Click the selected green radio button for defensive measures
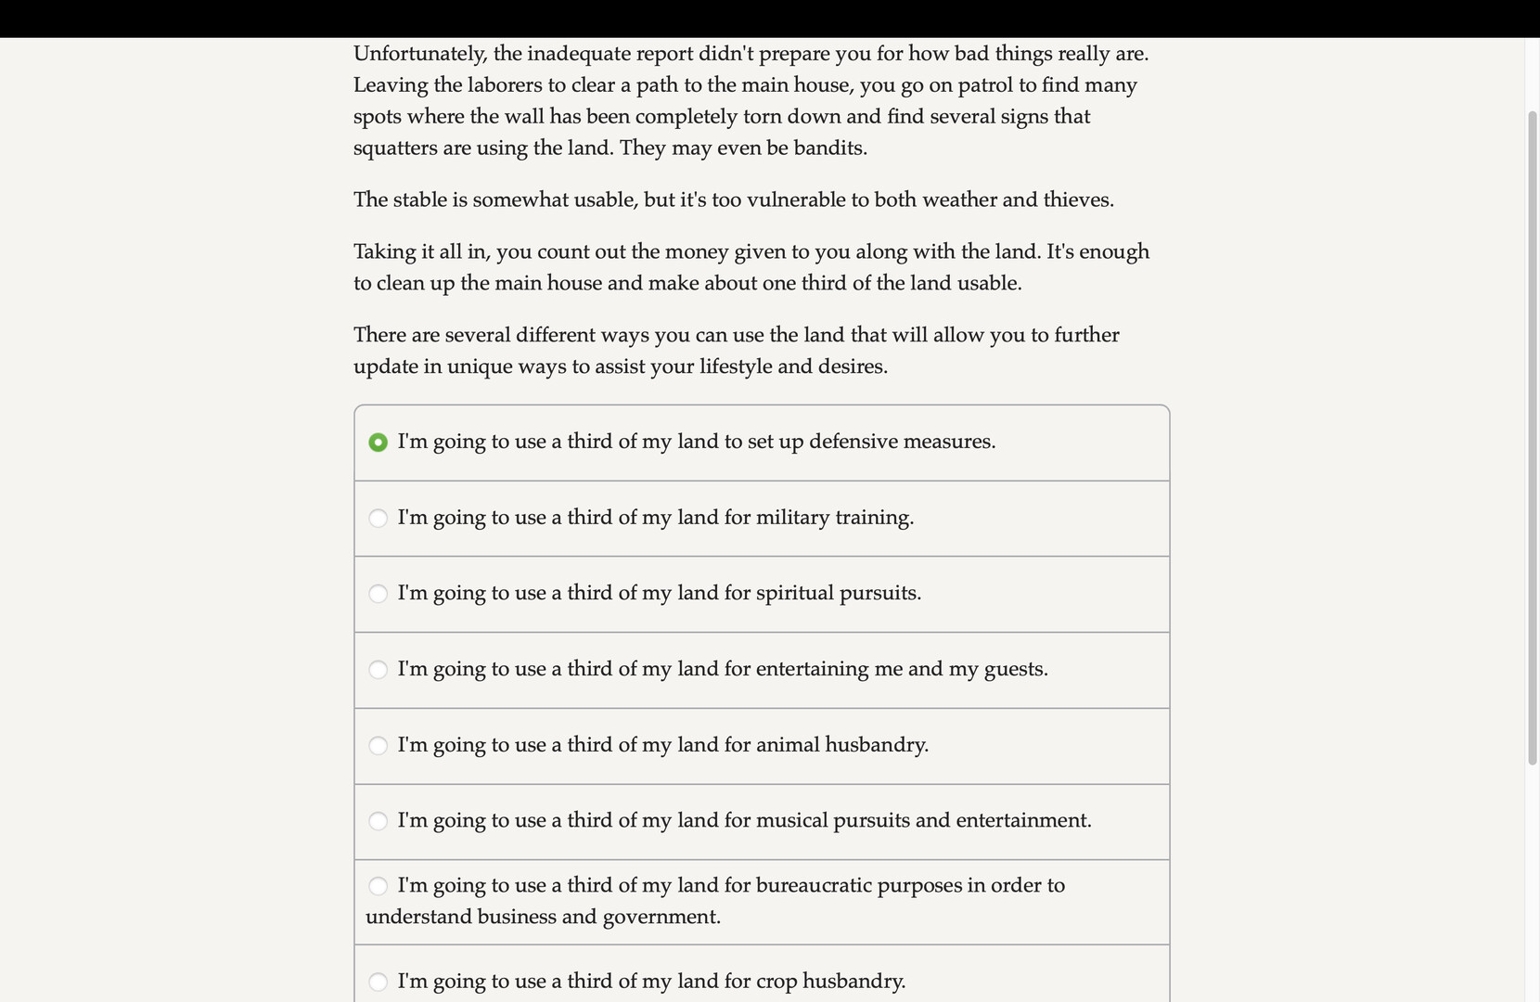click(x=378, y=443)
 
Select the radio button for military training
click(x=378, y=519)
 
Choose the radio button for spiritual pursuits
click(x=378, y=594)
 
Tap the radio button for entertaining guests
click(x=378, y=670)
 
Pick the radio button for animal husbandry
click(x=378, y=746)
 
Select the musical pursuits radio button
click(x=378, y=821)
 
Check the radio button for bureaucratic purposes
click(x=378, y=886)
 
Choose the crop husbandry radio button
click(x=378, y=982)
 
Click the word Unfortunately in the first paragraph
click(x=419, y=54)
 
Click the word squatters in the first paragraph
click(x=396, y=148)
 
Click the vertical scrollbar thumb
click(x=1532, y=436)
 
